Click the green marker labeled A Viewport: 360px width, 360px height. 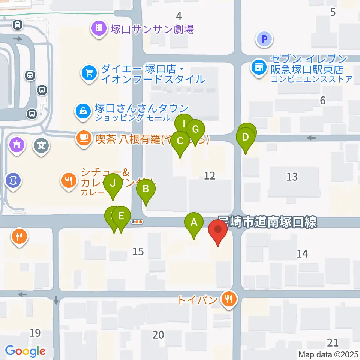coord(194,222)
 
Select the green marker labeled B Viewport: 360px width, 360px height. coord(146,189)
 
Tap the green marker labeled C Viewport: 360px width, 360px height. coord(180,141)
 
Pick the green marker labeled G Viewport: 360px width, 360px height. coord(195,129)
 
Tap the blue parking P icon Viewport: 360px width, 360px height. coord(264,38)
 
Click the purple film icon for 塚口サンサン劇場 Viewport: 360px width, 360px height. coord(99,28)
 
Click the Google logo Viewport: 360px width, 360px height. coord(25,351)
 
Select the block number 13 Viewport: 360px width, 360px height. coord(292,176)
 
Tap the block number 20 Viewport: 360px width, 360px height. coord(158,334)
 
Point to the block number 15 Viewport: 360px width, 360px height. coord(138,251)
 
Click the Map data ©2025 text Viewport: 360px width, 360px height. coord(328,354)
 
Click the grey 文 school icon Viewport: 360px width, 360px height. coord(41,145)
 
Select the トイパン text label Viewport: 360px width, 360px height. coord(197,300)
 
